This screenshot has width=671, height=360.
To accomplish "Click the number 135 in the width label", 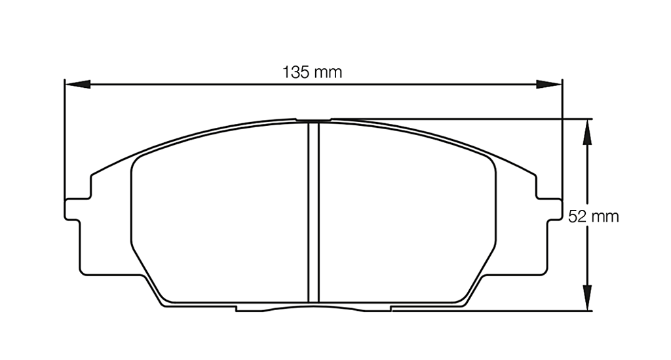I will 296,72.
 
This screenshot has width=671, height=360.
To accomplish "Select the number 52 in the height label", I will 577,217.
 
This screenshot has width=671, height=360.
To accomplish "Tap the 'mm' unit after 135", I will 328,72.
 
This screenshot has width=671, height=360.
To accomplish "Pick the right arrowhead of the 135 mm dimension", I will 549,84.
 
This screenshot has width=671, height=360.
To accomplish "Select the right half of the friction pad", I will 406,216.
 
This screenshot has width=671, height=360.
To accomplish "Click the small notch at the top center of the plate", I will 313,121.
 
